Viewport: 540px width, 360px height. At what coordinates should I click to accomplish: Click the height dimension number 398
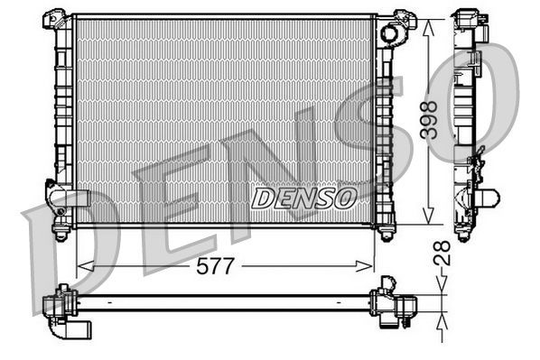point(432,120)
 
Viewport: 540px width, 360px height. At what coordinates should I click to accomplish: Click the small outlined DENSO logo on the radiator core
point(303,198)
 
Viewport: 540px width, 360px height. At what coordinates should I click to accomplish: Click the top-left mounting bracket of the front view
point(56,18)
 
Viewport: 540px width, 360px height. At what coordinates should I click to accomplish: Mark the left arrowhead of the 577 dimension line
point(82,265)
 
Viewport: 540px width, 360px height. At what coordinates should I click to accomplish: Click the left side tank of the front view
point(63,117)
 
